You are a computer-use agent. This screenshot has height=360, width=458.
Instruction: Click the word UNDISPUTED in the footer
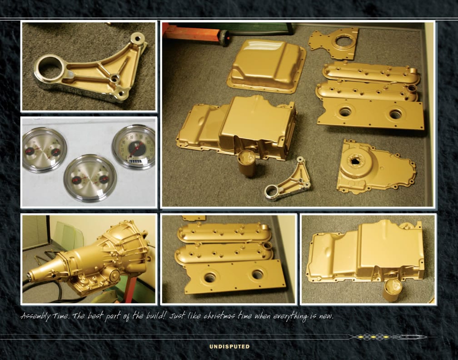[x=229, y=346]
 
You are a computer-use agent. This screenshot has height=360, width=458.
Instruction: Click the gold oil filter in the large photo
[x=247, y=163]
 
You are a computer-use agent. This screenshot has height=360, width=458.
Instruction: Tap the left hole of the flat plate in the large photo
[x=345, y=112]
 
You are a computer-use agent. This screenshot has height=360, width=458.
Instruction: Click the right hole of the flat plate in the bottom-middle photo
[x=258, y=275]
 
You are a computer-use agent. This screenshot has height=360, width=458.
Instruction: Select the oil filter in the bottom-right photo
[x=392, y=290]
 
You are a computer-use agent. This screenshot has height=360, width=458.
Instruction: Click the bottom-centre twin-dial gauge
[x=90, y=179]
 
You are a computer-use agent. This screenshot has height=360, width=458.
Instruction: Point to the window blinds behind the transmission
[x=35, y=232]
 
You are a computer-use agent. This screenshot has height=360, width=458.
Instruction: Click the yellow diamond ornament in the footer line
[x=373, y=337]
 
